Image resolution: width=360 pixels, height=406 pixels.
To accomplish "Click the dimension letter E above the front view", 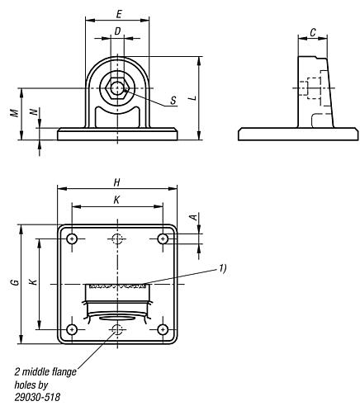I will [x=120, y=14].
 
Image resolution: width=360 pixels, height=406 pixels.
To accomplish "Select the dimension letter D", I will [x=118, y=31].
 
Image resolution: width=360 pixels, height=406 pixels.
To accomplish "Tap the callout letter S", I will [x=173, y=101].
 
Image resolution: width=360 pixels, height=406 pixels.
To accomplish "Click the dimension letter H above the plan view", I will [x=118, y=182].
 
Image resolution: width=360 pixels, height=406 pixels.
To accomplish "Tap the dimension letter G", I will [x=13, y=283].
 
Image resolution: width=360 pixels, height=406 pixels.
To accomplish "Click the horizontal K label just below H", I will [x=116, y=200].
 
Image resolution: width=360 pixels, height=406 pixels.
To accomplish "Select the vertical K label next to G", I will [x=32, y=283].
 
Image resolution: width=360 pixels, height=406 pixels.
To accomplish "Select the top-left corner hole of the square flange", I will [x=73, y=238].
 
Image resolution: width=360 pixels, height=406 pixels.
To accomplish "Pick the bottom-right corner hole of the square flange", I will [x=163, y=329].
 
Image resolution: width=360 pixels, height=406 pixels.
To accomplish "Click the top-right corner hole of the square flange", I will [x=163, y=238].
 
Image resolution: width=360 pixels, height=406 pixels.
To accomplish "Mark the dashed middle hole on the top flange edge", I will [x=119, y=238].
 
